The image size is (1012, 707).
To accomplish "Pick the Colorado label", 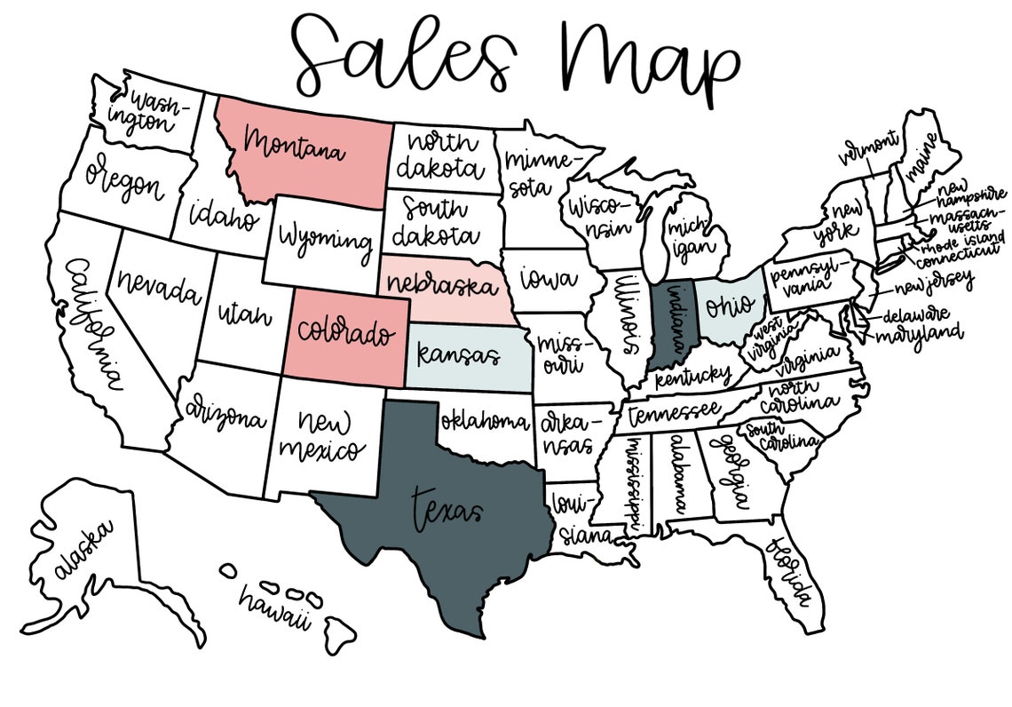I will coord(345,333).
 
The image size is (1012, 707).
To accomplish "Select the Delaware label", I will coord(914,315).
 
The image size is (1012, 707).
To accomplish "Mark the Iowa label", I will coord(548,280).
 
